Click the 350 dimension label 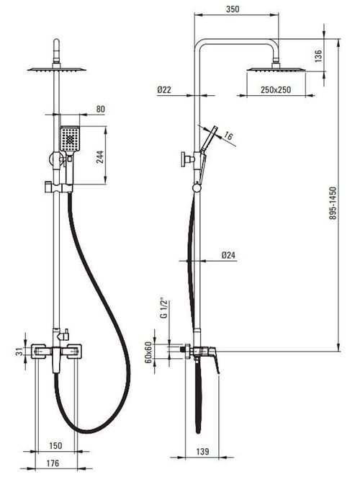233,9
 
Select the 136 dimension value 318,56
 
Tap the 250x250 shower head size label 276,90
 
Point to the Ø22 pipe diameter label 164,90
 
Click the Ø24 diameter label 228,255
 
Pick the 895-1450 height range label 333,203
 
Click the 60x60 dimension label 148,352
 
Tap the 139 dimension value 202,452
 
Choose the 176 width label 53,463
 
